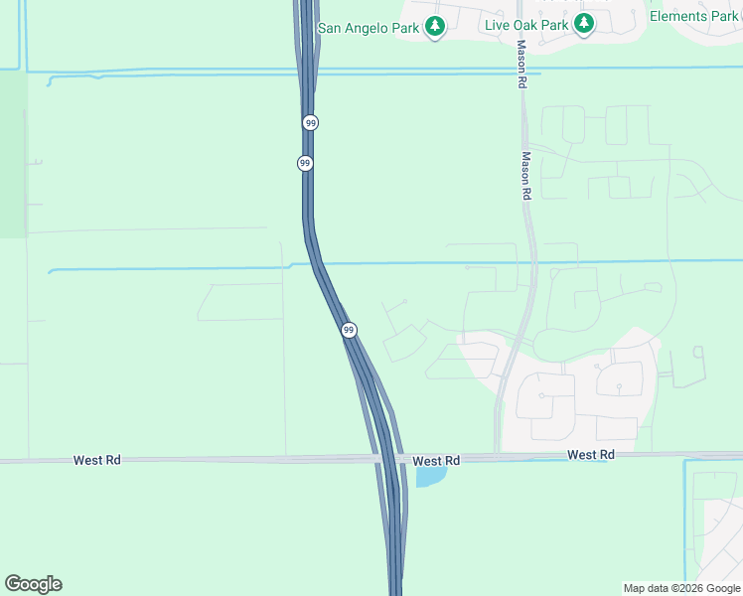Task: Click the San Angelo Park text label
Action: click(x=368, y=28)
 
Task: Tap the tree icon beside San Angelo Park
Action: click(x=434, y=28)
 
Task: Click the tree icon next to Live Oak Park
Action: click(x=584, y=24)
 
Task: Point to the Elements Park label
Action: click(x=693, y=16)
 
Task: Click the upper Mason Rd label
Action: click(x=520, y=66)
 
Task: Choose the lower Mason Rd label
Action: click(x=526, y=176)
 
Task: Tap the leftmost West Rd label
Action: click(x=96, y=461)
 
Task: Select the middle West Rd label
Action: click(x=436, y=461)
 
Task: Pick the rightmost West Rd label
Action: click(x=591, y=454)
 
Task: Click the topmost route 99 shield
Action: click(x=311, y=122)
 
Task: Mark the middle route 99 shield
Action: click(x=305, y=163)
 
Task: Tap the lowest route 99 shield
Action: click(x=348, y=330)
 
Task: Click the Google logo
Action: click(x=33, y=584)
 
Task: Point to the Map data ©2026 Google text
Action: click(x=681, y=588)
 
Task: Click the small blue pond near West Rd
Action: click(x=430, y=476)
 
